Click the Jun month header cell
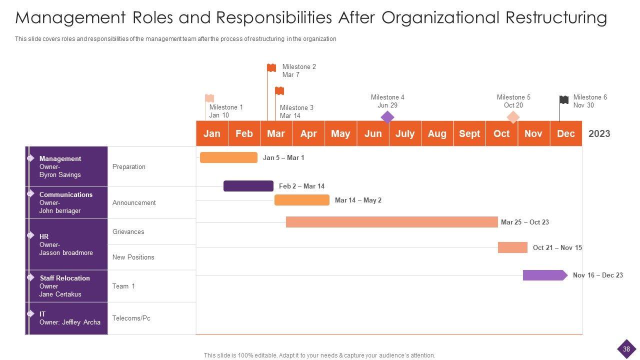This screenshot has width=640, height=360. point(373,133)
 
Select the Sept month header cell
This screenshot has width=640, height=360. point(469,133)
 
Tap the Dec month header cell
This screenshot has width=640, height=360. point(566,133)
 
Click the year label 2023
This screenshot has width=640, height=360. point(599,133)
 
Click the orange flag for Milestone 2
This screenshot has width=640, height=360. point(271,68)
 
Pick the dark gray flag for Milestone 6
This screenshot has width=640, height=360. point(564,100)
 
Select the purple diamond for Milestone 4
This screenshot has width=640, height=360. point(387,117)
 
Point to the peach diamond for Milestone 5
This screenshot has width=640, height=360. point(513,117)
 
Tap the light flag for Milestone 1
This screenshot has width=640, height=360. point(210,98)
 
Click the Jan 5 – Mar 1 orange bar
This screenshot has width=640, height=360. point(228,157)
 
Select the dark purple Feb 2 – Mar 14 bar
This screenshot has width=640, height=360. point(248,186)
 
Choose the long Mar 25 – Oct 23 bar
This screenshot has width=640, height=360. point(391,222)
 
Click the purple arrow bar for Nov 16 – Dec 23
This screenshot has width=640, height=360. point(544,275)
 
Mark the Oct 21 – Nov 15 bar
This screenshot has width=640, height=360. point(512,247)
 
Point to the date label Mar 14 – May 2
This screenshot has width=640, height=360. point(358,200)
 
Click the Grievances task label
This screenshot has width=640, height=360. point(128,231)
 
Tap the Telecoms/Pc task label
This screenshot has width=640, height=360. point(131,318)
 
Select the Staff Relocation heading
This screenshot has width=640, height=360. point(65,278)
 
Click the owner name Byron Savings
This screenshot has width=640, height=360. point(60,175)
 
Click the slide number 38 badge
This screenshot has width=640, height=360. point(626,349)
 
